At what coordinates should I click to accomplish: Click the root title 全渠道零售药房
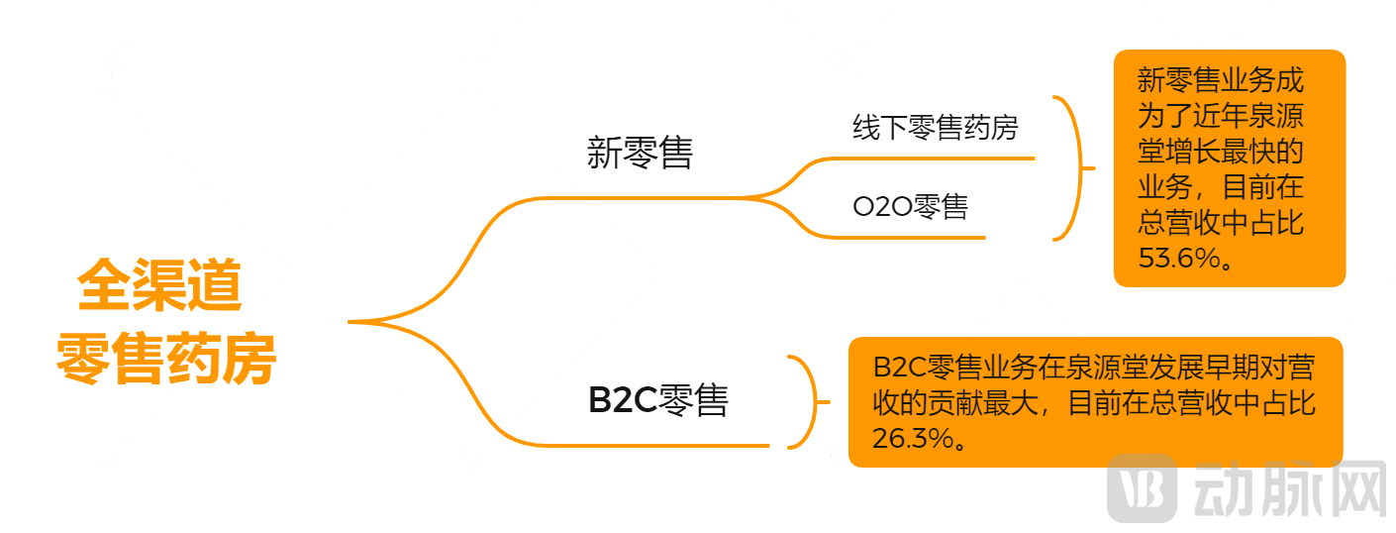[164, 322]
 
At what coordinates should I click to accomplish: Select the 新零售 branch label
[640, 154]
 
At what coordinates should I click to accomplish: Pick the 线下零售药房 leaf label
[935, 128]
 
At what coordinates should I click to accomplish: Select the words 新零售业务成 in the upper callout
[1222, 81]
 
